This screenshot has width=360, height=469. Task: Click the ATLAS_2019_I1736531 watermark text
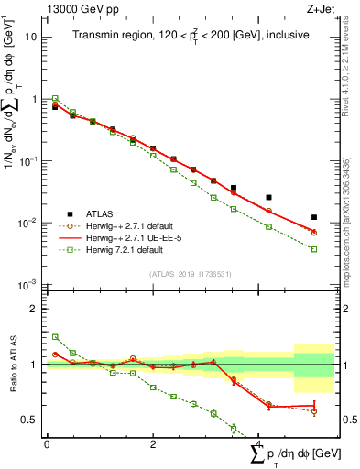tap(190, 274)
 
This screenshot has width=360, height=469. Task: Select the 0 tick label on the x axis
tap(47, 443)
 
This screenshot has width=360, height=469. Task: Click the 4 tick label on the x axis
tap(258, 443)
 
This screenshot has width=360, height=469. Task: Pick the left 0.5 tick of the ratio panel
tap(30, 420)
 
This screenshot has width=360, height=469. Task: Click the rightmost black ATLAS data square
tap(313, 217)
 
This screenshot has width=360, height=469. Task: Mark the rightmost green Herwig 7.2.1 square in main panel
tap(313, 249)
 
